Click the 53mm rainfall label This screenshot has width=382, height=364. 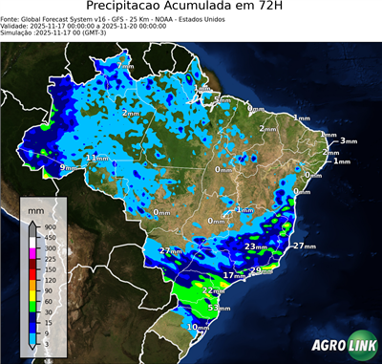[x=219, y=309]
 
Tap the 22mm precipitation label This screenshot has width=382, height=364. [x=213, y=290]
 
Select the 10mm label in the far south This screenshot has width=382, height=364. [x=197, y=327]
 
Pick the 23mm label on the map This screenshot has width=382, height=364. [x=255, y=246]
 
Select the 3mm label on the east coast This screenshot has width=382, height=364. [x=348, y=140]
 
